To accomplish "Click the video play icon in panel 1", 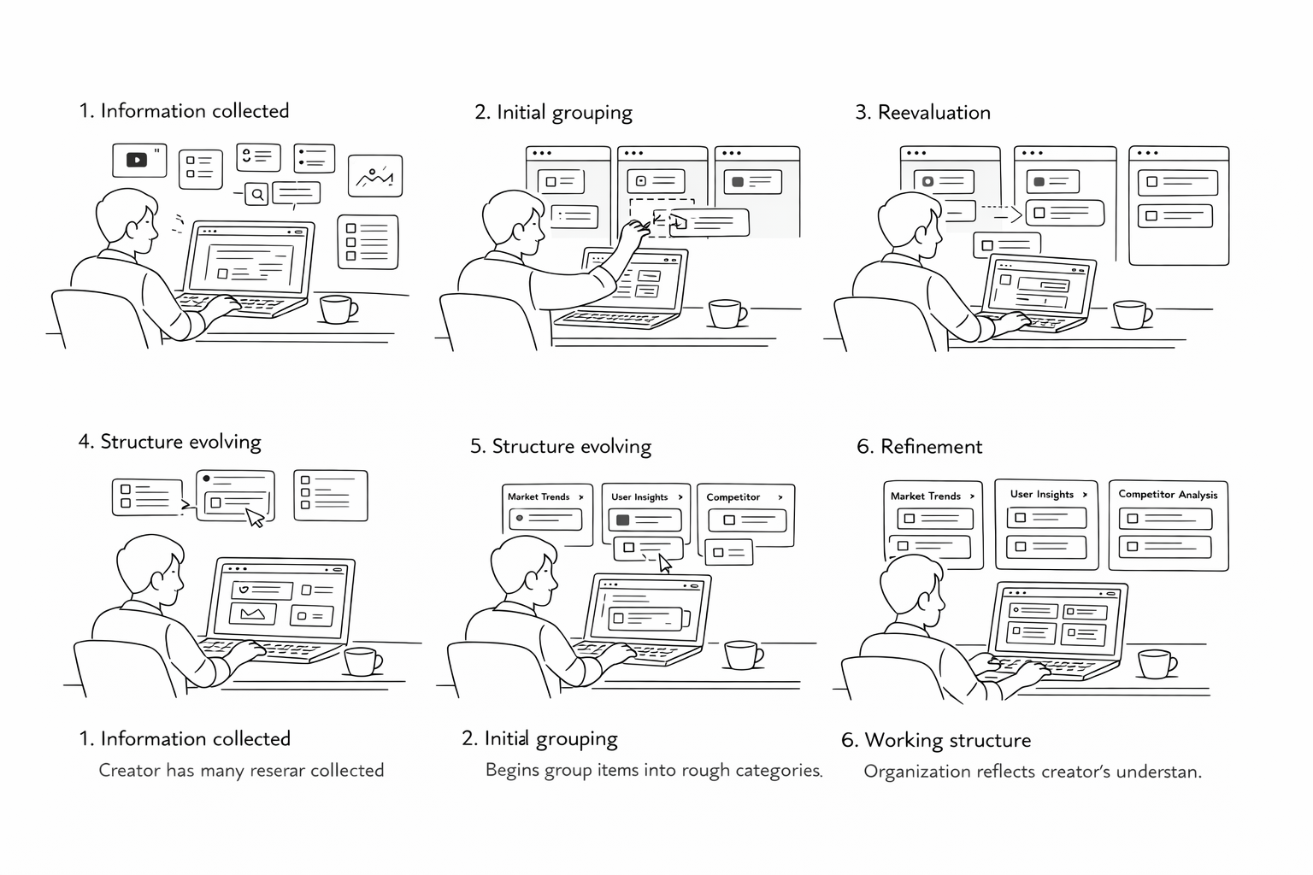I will pyautogui.click(x=137, y=160).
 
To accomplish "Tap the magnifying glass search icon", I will pyautogui.click(x=256, y=195).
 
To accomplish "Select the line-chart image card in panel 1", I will pyautogui.click(x=374, y=177).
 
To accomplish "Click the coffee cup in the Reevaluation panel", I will pyautogui.click(x=1131, y=314).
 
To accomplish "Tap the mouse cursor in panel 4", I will pyautogui.click(x=255, y=518).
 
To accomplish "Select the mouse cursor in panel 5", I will pyautogui.click(x=665, y=563).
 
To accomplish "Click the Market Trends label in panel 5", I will pyautogui.click(x=539, y=496).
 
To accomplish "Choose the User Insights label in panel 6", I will pyautogui.click(x=1041, y=494).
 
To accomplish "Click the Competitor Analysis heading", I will pyautogui.click(x=1168, y=494).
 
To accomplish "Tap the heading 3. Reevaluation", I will pyautogui.click(x=922, y=113).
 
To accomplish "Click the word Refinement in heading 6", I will pyautogui.click(x=931, y=447).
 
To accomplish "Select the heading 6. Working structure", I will pyautogui.click(x=935, y=740).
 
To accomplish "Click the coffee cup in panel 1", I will pyautogui.click(x=337, y=309).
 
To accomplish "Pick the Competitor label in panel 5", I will pyautogui.click(x=733, y=497).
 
